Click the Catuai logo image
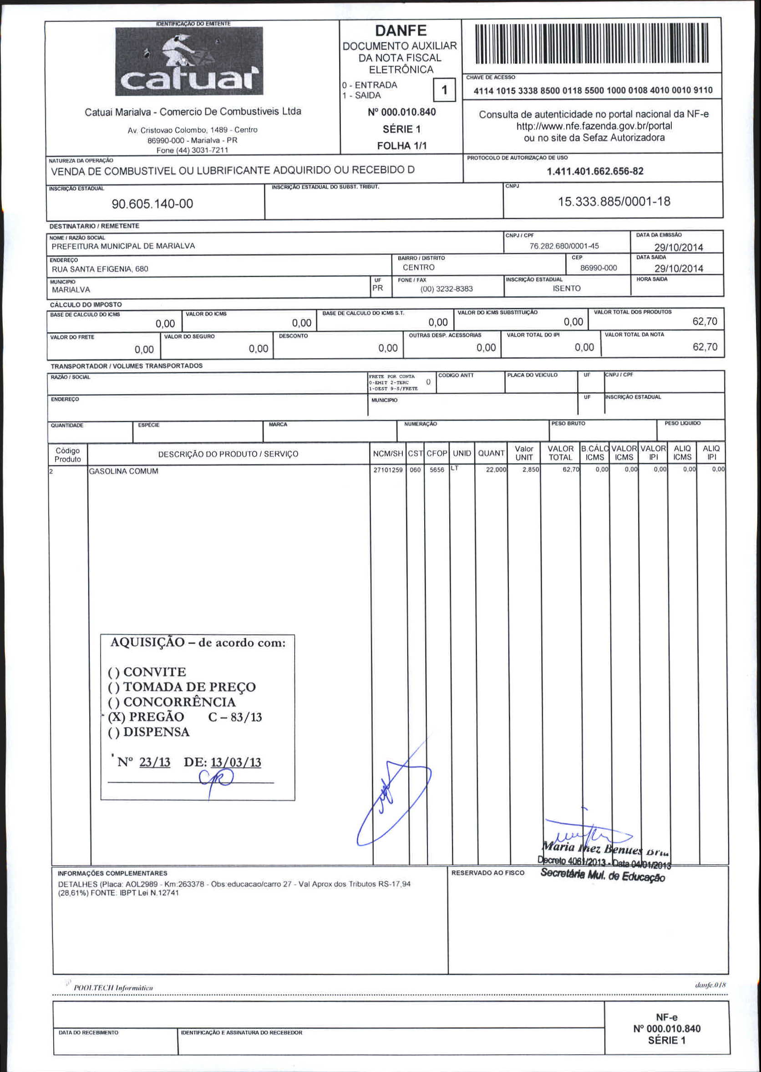click(x=189, y=61)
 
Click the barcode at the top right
click(x=591, y=44)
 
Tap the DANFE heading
click(x=401, y=31)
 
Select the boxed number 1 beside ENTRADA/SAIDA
click(x=444, y=90)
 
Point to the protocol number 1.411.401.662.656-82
click(x=595, y=171)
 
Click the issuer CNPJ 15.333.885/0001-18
click(x=614, y=202)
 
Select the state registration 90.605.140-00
click(x=152, y=204)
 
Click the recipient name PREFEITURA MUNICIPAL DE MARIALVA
click(x=123, y=246)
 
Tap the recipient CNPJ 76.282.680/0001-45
click(x=564, y=246)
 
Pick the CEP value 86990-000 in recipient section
click(x=599, y=268)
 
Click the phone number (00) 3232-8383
click(x=446, y=289)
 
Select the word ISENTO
click(x=567, y=288)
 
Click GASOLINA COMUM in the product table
click(x=124, y=471)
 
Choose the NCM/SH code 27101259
click(x=388, y=470)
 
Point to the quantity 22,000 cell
click(x=496, y=470)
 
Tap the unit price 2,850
click(x=530, y=469)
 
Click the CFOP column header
click(x=437, y=453)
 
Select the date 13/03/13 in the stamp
click(x=236, y=762)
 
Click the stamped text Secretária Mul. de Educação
click(x=603, y=875)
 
